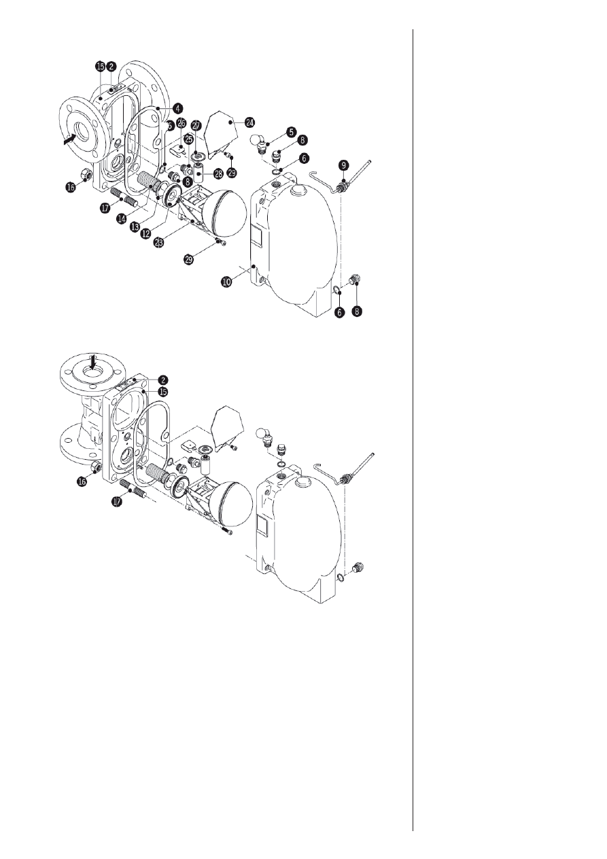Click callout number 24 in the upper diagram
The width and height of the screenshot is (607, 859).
(x=231, y=122)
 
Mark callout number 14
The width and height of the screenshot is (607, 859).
(x=124, y=218)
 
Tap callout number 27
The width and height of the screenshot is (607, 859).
(x=196, y=126)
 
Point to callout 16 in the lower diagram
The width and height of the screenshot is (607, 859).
(x=82, y=481)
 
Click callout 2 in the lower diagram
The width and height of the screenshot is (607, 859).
(x=164, y=380)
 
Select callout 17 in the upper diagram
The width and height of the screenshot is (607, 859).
(x=106, y=209)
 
